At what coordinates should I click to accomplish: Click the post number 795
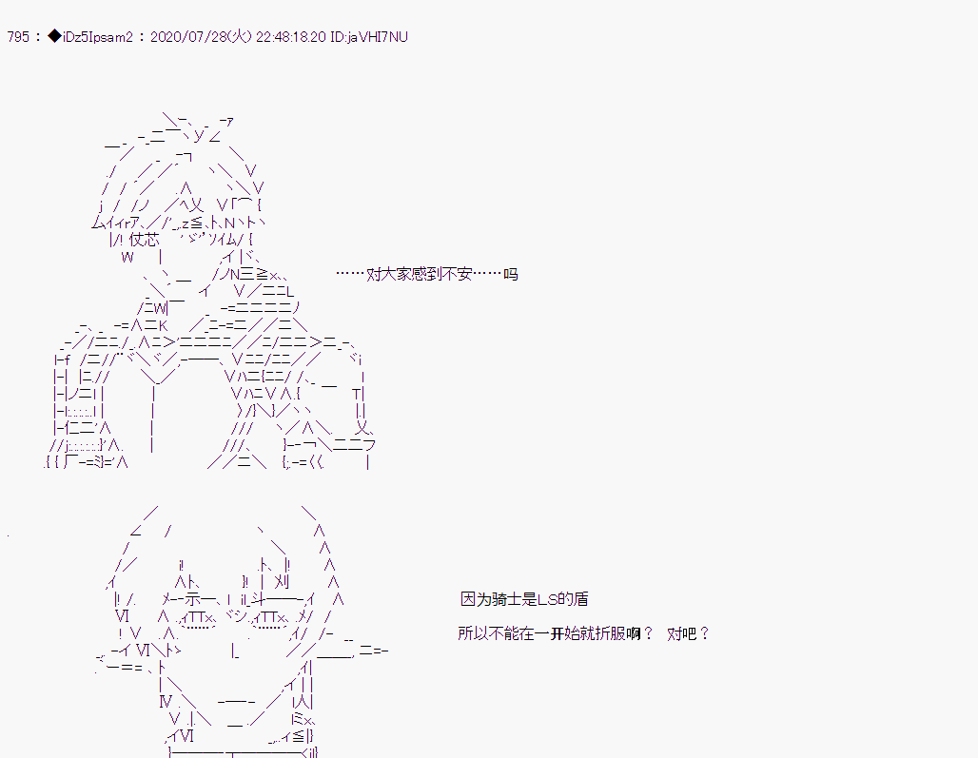coord(18,37)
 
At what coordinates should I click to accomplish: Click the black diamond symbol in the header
coord(54,37)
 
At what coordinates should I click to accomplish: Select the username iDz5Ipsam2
coord(97,37)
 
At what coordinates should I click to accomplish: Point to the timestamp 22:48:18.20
coord(291,37)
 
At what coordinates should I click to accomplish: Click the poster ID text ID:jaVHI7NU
coord(368,37)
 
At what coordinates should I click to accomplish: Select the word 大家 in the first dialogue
coord(397,274)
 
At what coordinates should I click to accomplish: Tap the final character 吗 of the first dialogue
coord(510,274)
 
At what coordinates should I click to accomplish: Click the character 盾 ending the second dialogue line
coord(580,600)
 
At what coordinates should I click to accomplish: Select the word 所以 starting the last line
coord(473,634)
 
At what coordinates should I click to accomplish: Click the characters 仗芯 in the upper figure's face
coord(144,240)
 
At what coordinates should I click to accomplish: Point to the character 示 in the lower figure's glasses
coord(192,600)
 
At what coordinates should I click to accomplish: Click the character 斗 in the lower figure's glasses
coord(259,600)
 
